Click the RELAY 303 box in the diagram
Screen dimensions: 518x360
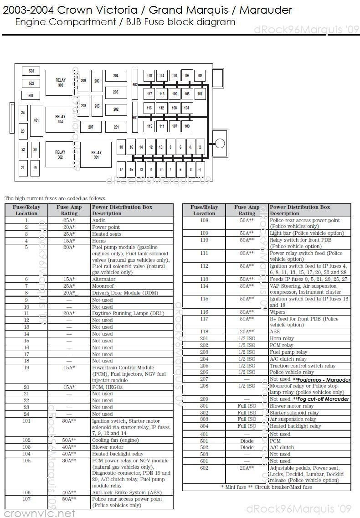pos(60,83)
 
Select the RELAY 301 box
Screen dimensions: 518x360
pos(96,155)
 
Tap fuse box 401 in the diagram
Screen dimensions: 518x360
pos(36,120)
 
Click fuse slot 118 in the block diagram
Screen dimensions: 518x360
pos(149,76)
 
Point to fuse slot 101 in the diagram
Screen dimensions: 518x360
pos(200,94)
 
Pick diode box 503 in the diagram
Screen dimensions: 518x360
pos(31,71)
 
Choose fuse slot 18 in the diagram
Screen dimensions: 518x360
pos(121,147)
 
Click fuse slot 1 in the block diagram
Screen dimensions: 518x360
pos(200,170)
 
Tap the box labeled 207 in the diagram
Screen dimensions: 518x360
pos(91,127)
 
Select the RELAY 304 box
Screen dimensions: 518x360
pos(60,119)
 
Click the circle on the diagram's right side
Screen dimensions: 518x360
pos(220,144)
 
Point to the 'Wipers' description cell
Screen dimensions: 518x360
pos(278,312)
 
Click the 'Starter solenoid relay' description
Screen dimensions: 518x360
pos(294,413)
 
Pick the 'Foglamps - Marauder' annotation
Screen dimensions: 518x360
pos(322,380)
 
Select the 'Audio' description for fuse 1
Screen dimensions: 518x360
pos(99,220)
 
